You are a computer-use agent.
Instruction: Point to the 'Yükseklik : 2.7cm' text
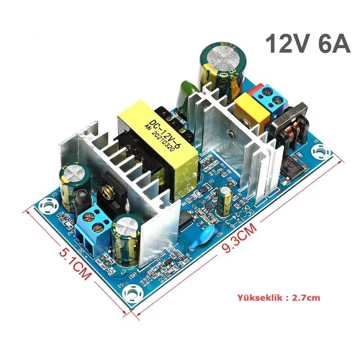(x=279, y=297)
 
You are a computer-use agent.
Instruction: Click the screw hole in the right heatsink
(x=230, y=134)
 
